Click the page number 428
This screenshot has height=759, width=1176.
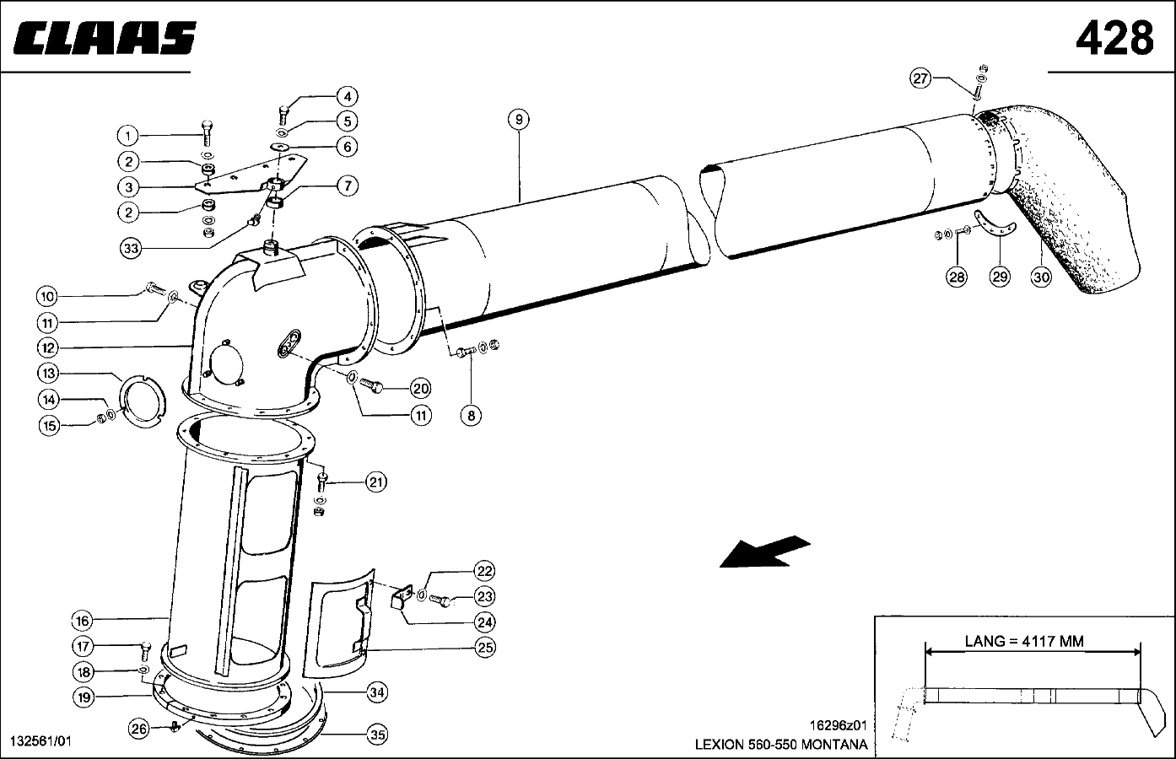[1114, 37]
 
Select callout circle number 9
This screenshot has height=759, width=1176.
[519, 120]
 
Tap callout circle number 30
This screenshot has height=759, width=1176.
[1042, 276]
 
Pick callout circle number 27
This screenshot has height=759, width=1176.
[920, 78]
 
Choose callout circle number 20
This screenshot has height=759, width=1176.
[420, 388]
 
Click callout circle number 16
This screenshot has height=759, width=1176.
[81, 621]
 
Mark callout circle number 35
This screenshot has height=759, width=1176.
[378, 735]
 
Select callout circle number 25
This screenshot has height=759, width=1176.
[485, 647]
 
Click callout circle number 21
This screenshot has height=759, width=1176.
[376, 482]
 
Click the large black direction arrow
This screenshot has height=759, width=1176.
[764, 552]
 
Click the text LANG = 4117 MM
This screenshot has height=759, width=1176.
[1023, 641]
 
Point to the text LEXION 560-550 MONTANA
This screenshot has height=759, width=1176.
[780, 745]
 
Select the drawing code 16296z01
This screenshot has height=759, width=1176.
[838, 724]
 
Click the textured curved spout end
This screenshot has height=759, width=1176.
[1076, 202]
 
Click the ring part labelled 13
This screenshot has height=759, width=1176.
[143, 401]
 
